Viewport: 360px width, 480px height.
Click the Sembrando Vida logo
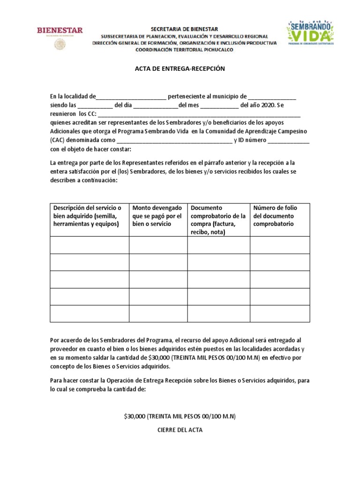click(x=310, y=34)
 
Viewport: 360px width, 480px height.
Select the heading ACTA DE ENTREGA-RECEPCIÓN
click(x=180, y=68)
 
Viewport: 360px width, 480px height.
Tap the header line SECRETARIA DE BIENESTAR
click(x=184, y=29)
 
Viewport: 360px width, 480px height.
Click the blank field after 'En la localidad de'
click(x=131, y=97)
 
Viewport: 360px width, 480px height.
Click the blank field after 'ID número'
click(x=288, y=141)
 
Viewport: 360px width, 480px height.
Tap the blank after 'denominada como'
click(x=174, y=141)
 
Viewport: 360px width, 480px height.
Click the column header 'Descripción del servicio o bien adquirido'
click(x=89, y=216)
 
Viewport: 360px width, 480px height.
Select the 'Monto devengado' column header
click(x=157, y=216)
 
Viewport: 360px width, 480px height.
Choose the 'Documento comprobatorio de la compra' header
click(x=218, y=219)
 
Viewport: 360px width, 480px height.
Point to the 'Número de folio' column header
click(x=279, y=216)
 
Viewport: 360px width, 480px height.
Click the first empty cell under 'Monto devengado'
click(x=158, y=245)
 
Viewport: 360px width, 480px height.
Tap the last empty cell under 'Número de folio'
click(x=279, y=314)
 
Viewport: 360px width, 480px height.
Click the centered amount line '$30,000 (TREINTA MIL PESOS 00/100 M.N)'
click(x=180, y=416)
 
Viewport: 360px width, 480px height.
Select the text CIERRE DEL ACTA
click(x=180, y=430)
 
